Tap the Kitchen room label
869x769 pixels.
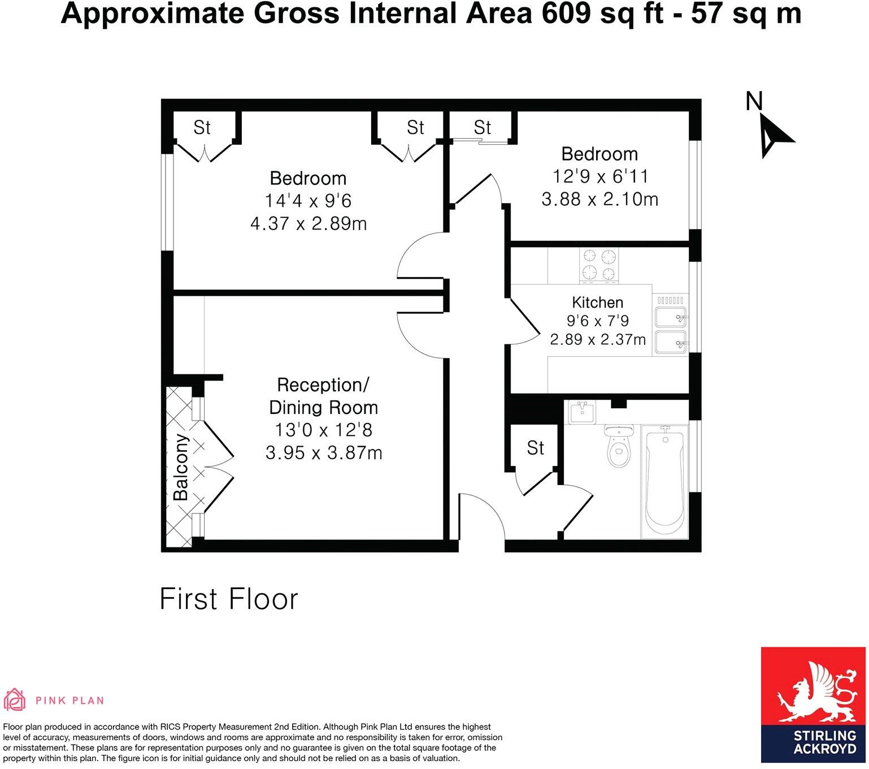[x=597, y=302]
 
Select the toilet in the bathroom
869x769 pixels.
[x=619, y=447]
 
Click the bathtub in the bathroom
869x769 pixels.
[x=665, y=480]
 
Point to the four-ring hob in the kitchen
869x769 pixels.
[x=599, y=265]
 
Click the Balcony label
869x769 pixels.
[x=181, y=468]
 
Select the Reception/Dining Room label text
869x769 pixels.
[x=323, y=396]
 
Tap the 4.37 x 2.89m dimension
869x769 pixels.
[x=309, y=224]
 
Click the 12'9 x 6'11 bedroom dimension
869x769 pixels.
[x=600, y=176]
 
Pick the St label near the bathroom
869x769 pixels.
[x=535, y=448]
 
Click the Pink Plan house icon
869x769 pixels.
[x=15, y=700]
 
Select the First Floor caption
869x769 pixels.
[x=228, y=599]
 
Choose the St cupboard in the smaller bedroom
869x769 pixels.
[x=482, y=128]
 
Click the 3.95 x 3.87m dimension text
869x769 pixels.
[x=324, y=453]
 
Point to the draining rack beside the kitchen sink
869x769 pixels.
[x=671, y=300]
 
